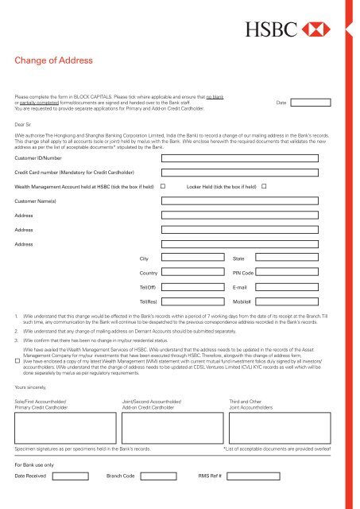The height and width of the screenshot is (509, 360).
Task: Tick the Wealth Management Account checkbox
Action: tap(163, 164)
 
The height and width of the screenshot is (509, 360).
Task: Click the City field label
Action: tap(144, 259)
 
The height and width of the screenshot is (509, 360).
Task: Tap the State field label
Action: tap(238, 259)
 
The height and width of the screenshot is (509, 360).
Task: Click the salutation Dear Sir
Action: tap(26, 125)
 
